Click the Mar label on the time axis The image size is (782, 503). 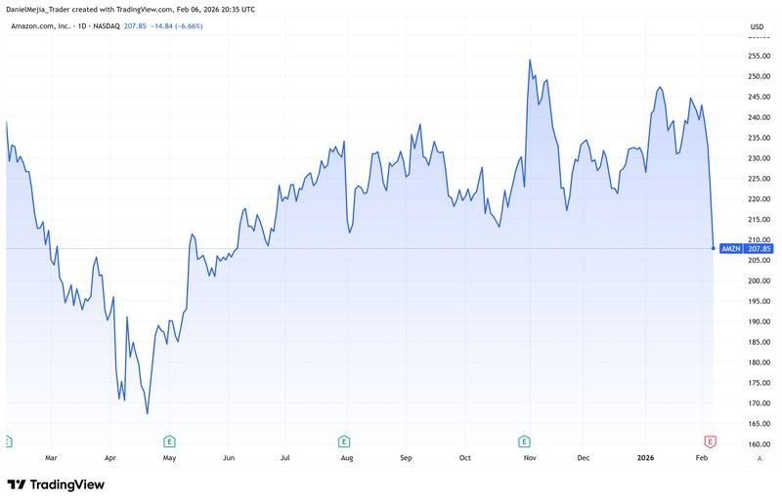click(52, 456)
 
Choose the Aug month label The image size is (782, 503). click(346, 456)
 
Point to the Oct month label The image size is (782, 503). click(465, 456)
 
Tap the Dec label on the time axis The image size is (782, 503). click(584, 456)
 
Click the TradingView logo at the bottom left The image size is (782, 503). click(56, 484)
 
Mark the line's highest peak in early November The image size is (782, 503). click(530, 61)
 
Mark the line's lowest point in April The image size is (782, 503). click(148, 414)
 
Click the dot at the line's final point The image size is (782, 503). click(713, 248)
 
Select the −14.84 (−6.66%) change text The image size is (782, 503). click(171, 26)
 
